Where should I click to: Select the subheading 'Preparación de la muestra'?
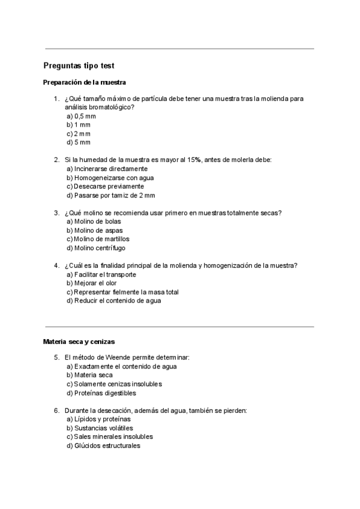[x=84, y=82]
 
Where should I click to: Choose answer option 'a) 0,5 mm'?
[x=81, y=116]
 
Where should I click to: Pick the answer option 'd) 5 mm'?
[x=79, y=142]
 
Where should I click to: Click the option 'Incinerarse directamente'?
[x=107, y=169]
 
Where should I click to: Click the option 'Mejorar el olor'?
[x=95, y=283]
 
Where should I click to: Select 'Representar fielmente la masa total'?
[x=122, y=292]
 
